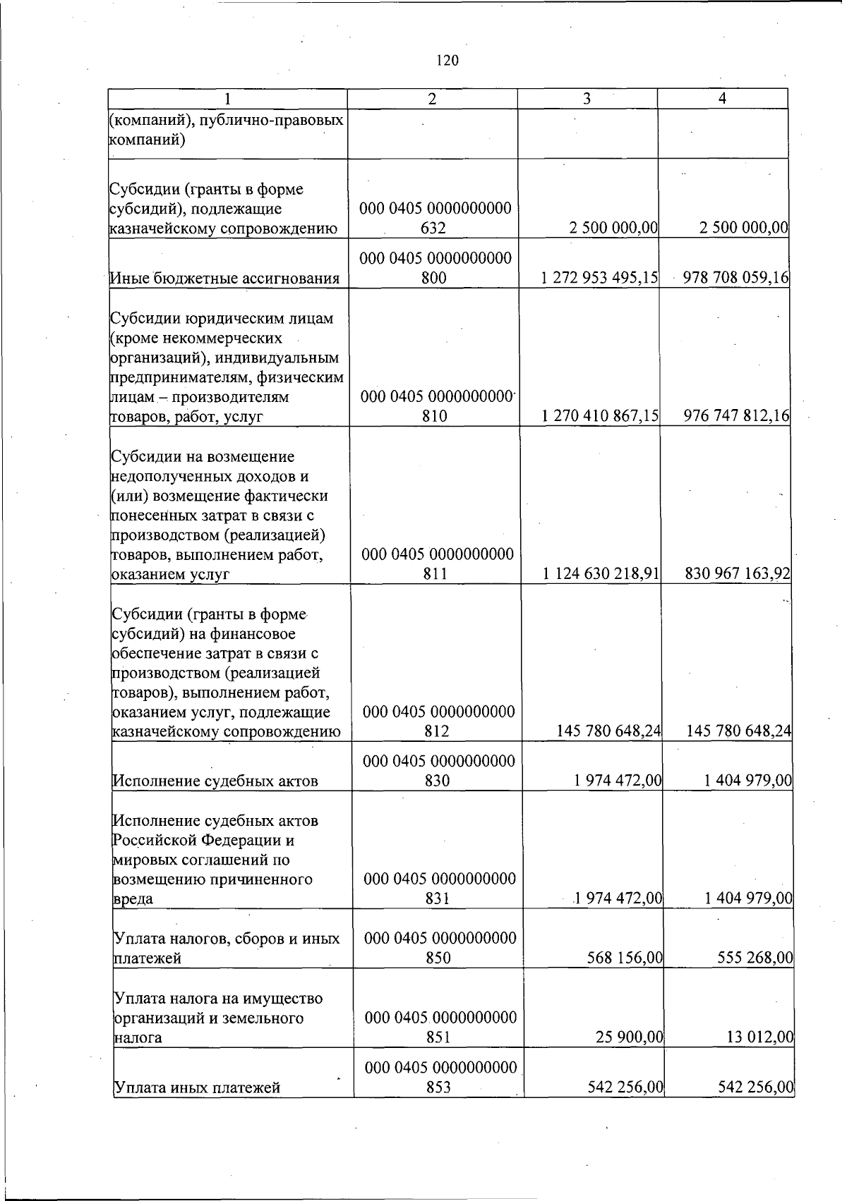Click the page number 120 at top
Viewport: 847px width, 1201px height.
click(447, 61)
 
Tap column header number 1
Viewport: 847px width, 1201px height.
click(227, 99)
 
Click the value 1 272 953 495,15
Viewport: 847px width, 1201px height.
click(600, 278)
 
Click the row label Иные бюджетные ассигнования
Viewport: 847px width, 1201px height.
click(224, 279)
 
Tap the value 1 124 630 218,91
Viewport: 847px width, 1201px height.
click(601, 574)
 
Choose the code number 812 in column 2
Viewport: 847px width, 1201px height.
click(438, 731)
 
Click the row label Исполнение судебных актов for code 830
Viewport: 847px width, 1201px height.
click(215, 781)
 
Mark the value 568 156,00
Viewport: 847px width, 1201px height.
click(625, 958)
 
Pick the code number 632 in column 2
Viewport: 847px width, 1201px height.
click(433, 228)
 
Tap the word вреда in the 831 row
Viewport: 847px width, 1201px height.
click(133, 899)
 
